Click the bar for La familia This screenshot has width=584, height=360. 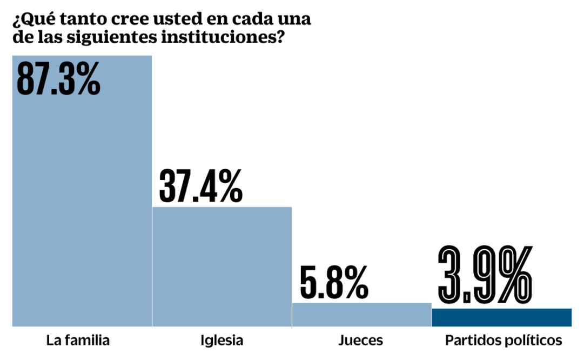pos(82,205)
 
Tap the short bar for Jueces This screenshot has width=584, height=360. pos(362,315)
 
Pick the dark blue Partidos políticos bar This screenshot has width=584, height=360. pos(501,317)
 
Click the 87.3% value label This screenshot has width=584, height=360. pos(58,78)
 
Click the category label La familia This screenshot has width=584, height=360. pos(78,341)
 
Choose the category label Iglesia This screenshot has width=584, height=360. pos(221,341)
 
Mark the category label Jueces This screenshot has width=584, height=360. pos(361,341)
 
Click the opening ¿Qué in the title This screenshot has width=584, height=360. pos(30,19)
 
